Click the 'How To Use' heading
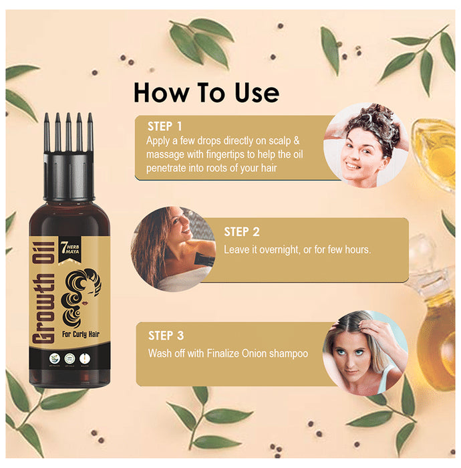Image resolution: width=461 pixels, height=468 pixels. click(x=206, y=92)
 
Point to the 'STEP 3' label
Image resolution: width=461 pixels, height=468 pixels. click(x=166, y=336)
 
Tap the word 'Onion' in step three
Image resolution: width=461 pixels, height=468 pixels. click(x=253, y=353)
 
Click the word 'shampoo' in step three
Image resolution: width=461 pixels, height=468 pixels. click(x=289, y=353)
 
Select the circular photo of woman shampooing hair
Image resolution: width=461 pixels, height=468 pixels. click(x=366, y=145)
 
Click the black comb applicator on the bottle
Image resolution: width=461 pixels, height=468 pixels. click(x=69, y=143)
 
